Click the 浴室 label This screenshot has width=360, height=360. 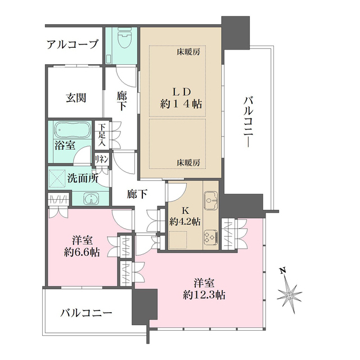[65, 145]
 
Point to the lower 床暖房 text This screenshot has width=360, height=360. [188, 162]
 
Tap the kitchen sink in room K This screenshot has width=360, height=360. [211, 199]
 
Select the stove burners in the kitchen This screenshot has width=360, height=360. [210, 237]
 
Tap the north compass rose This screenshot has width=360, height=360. [290, 293]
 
